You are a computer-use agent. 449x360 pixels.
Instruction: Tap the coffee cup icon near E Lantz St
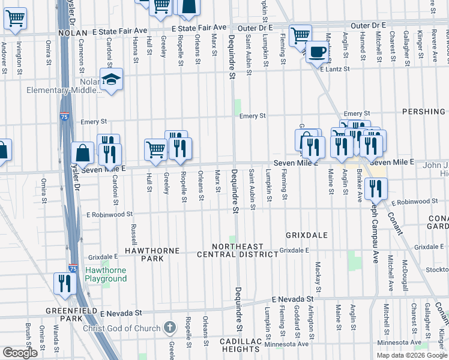coord(317,52)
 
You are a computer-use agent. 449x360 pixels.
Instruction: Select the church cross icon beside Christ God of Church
coord(170,328)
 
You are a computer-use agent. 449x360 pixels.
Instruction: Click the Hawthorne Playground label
coord(106,275)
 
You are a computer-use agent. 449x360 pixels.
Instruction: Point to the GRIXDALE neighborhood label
coord(307,235)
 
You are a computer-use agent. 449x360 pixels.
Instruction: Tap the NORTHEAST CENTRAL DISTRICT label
coord(238,250)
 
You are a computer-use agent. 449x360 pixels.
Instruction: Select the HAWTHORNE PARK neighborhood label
coord(144,254)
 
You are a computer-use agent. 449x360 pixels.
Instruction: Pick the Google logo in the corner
coord(20,353)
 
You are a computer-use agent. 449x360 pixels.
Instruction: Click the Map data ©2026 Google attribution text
coord(411,355)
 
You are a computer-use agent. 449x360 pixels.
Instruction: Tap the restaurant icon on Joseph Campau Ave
coord(376,189)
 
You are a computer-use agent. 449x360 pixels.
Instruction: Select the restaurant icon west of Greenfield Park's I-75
coord(64,283)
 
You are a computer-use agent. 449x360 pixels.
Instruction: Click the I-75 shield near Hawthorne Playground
coord(73,269)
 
